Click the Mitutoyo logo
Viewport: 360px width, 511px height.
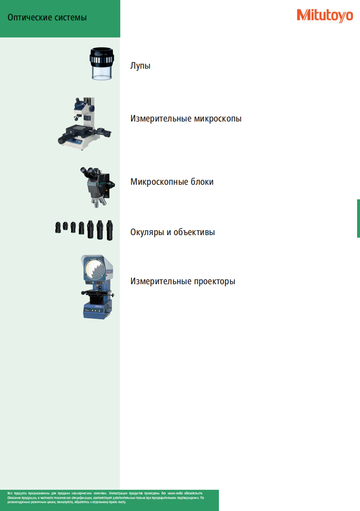point(325,16)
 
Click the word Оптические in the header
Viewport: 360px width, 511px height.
point(30,17)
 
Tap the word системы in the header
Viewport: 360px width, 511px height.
point(70,18)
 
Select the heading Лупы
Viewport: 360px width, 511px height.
point(140,66)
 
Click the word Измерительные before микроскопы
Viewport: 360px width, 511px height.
point(161,119)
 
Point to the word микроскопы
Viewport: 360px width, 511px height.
point(218,119)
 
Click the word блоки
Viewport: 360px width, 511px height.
point(202,182)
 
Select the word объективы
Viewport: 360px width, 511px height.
point(194,232)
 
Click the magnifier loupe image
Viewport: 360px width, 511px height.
point(102,64)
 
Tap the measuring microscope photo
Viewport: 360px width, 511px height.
point(84,124)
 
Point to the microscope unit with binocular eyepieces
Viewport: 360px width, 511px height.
point(98,187)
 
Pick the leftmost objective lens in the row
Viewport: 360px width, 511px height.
point(58,228)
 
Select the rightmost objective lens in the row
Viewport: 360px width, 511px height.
point(110,230)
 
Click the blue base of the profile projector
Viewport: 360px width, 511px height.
point(97,309)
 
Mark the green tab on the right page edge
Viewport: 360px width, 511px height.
point(358,218)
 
